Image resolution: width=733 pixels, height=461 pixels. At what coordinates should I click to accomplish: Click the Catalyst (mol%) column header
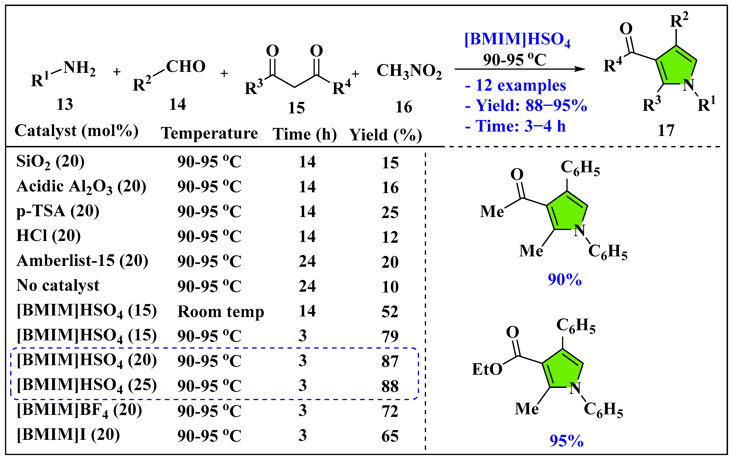point(76,131)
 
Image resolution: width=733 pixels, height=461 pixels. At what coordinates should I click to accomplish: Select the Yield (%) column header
point(386,135)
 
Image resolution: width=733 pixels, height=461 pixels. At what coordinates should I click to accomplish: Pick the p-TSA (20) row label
point(58,211)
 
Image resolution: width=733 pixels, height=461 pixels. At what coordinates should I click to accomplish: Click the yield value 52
point(390,312)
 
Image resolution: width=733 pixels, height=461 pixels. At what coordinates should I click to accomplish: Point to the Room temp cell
point(221,312)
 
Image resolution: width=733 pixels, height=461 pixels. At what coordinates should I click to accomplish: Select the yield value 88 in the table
point(390,386)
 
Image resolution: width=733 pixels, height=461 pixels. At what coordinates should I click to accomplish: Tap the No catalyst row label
point(58,286)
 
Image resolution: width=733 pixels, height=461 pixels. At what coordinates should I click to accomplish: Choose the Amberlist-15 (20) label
point(82,261)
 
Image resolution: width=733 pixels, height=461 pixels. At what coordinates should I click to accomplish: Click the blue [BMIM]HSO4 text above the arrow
point(517,40)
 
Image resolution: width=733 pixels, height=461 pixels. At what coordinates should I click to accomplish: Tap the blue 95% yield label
point(566,440)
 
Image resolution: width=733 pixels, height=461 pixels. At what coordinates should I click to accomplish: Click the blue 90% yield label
point(564,279)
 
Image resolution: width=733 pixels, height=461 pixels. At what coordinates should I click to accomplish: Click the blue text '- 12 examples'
point(515,85)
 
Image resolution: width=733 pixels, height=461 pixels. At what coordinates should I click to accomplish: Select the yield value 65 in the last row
point(390,436)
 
